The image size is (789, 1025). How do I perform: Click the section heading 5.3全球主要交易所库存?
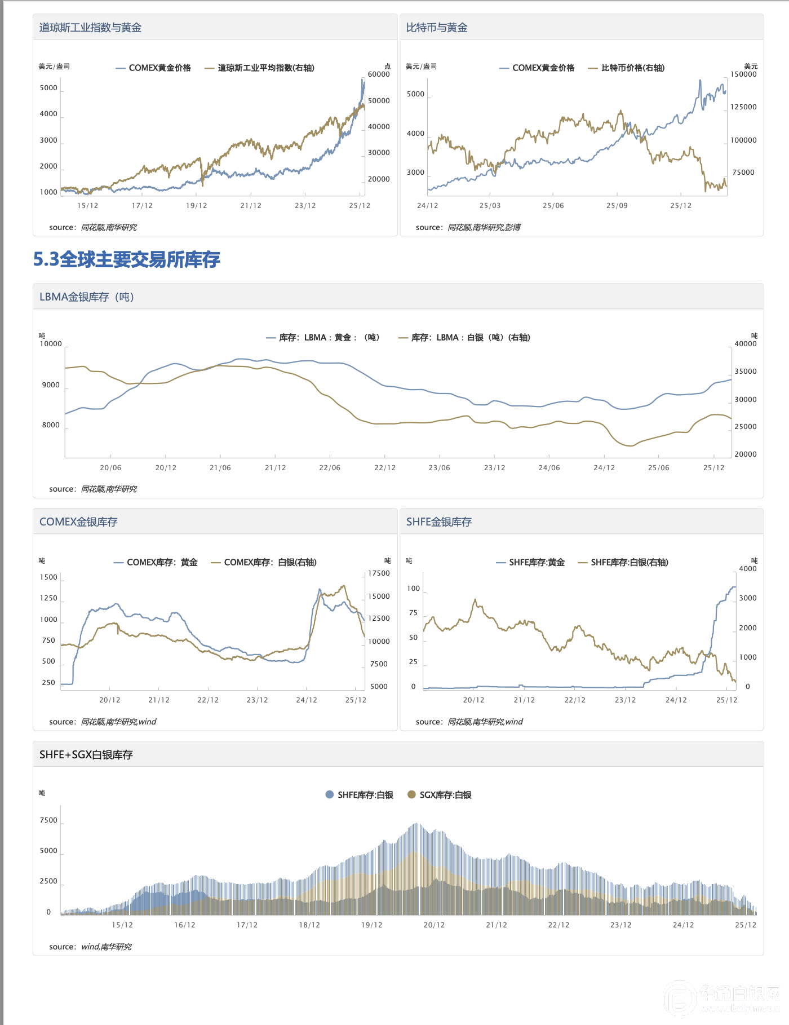127,259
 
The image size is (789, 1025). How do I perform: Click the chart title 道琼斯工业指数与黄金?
90,28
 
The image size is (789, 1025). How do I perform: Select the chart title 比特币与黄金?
437,28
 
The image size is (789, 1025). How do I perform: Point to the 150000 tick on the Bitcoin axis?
743,74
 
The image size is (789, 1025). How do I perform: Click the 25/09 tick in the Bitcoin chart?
617,206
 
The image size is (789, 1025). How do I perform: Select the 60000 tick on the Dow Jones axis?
379,74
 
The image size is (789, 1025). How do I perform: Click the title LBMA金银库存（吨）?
87,297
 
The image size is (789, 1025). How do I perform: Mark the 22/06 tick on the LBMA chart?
330,468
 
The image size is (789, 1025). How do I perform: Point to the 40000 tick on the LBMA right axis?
745,344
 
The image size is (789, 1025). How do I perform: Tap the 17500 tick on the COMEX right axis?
379,573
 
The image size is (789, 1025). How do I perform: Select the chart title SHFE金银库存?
439,522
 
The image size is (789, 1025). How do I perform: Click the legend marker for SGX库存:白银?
411,795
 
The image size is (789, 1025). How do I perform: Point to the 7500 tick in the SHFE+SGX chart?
48,820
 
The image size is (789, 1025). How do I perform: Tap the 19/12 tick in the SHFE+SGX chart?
371,925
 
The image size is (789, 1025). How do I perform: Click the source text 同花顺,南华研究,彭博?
484,228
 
